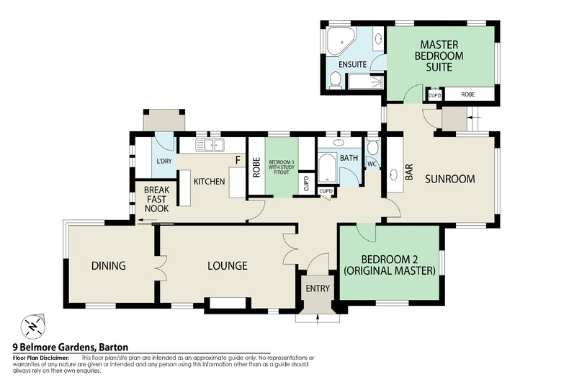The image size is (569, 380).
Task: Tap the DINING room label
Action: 109,266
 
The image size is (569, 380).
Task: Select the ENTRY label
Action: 318,289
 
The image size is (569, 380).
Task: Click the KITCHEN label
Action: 209,181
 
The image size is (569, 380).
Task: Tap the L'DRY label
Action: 163,162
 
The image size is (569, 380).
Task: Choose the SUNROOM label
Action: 449,179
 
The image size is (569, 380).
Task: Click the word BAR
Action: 409,172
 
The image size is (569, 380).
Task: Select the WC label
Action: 372,164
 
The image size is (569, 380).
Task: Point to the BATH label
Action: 349,157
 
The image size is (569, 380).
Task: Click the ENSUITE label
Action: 353,65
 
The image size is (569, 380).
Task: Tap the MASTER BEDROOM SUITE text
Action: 439,56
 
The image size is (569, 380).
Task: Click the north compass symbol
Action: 30,326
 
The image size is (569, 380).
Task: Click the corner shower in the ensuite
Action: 339,41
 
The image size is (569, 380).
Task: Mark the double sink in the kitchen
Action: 212,146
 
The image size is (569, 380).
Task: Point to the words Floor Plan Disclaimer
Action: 41,358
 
